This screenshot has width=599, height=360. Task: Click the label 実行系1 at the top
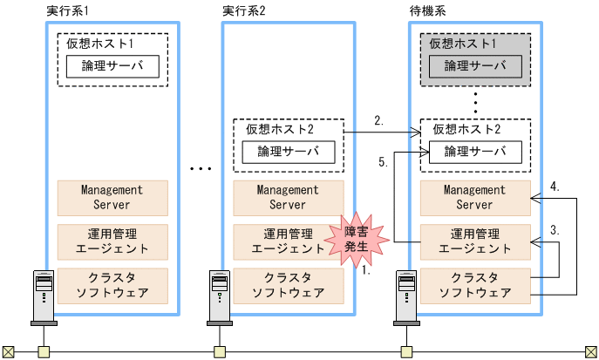65,10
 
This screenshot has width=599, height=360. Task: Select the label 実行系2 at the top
243,10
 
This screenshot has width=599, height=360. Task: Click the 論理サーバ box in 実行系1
112,66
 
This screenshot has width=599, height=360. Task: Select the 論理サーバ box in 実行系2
288,152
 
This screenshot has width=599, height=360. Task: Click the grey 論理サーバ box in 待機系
475,66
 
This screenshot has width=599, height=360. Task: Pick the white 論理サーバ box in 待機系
475,152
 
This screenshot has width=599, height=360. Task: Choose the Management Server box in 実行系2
288,198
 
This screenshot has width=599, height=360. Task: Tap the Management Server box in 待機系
475,198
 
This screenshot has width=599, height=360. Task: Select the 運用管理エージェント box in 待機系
475,241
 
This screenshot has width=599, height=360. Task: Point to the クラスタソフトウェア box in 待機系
475,284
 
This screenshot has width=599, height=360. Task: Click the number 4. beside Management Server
555,187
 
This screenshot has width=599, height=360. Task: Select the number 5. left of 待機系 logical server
384,162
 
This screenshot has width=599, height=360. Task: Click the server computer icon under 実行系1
41,293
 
